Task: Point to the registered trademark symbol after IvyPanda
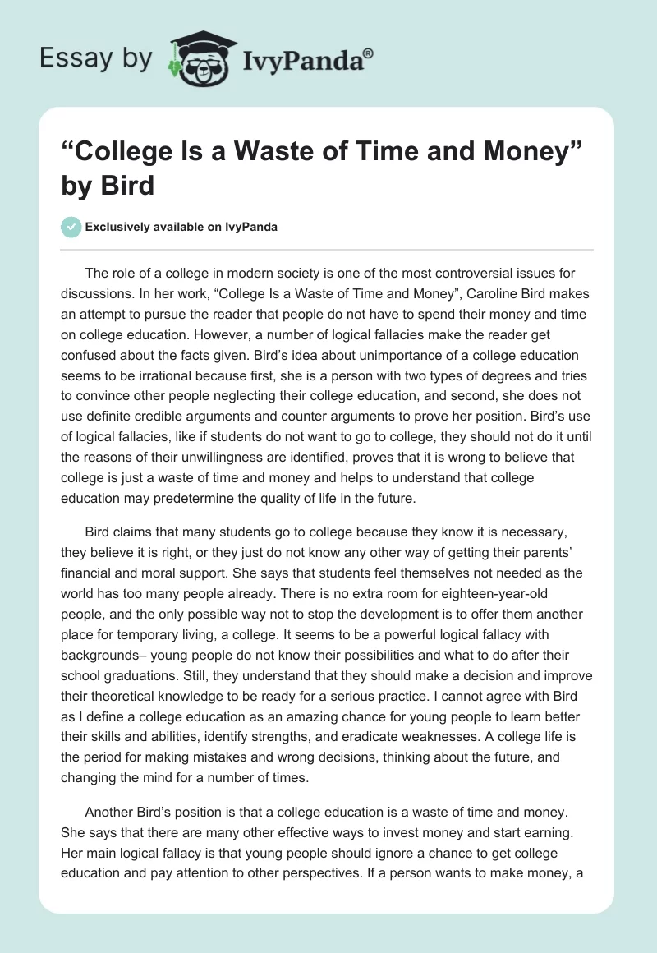click(x=369, y=53)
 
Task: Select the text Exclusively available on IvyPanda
click(x=181, y=228)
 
